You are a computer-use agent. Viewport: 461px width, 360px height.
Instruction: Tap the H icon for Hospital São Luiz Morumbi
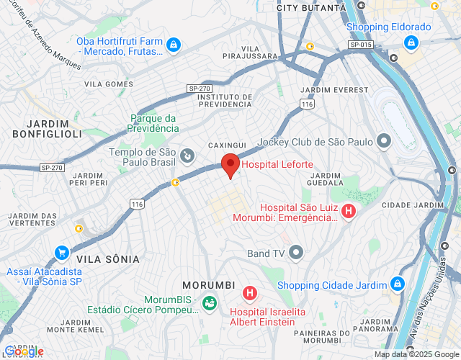pos(349,212)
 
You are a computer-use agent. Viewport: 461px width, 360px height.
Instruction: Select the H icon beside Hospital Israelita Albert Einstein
pos(249,293)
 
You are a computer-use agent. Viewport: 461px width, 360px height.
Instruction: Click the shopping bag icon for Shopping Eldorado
pos(411,42)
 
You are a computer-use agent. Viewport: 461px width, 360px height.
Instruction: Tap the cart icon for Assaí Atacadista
pos(62,253)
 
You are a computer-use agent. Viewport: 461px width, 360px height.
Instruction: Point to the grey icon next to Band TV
pos(296,253)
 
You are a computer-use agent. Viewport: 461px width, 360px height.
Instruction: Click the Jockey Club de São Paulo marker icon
pos(384,141)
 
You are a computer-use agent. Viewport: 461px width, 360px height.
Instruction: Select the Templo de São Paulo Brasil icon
pos(187,154)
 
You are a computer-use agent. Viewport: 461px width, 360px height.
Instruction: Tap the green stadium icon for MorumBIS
pos(210,303)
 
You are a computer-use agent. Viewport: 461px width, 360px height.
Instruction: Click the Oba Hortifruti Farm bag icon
pos(173,45)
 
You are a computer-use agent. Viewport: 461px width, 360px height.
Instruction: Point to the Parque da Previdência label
pos(153,123)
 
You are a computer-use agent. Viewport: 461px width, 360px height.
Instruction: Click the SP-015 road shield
pos(362,45)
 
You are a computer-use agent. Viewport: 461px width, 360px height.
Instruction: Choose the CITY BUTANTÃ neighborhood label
pos(311,7)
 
